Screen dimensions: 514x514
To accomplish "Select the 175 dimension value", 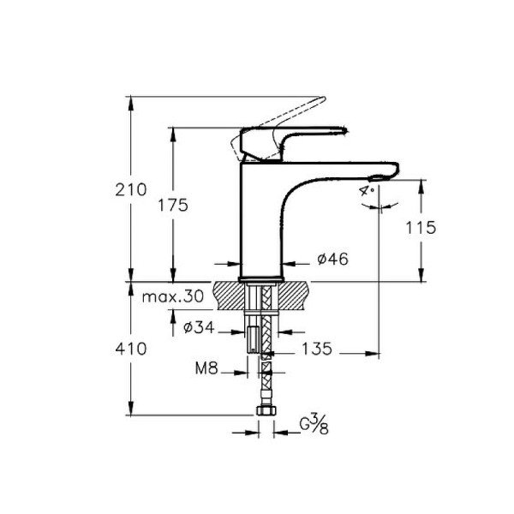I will [172, 206].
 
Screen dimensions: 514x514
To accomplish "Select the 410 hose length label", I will [133, 349].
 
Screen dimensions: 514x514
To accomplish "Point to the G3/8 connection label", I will [314, 424].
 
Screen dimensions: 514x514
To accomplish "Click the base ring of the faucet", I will [261, 279].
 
